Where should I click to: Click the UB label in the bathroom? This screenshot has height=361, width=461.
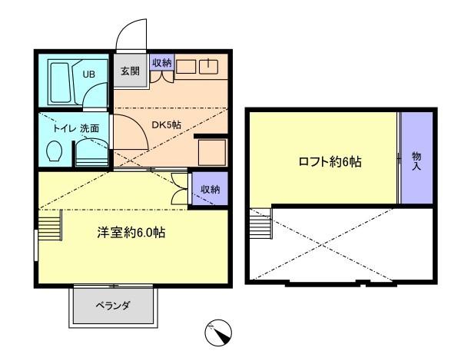[89, 74]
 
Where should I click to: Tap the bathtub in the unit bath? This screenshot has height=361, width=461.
[61, 82]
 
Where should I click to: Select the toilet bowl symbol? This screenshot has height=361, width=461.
[54, 151]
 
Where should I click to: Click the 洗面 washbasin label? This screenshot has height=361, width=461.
[90, 129]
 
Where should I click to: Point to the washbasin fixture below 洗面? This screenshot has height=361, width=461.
[91, 152]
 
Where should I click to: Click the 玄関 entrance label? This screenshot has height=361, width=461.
[131, 71]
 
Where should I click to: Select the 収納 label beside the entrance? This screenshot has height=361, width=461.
[161, 62]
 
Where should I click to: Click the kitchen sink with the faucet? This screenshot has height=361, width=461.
[208, 67]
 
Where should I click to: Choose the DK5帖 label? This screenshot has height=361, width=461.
[166, 125]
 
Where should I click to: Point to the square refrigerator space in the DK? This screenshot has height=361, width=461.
[212, 153]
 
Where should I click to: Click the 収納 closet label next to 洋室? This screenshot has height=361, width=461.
[211, 189]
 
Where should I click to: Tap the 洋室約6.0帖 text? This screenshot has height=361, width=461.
[131, 233]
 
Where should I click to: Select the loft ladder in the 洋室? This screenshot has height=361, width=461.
[50, 225]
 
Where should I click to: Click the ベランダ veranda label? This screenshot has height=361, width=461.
[113, 306]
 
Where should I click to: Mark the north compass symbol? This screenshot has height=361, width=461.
[218, 333]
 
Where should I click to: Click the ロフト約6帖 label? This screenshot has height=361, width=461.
[330, 162]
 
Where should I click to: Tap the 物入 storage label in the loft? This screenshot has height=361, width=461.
[416, 161]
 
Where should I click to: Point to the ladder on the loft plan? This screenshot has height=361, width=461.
[261, 224]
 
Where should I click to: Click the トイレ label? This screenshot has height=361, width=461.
[64, 129]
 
